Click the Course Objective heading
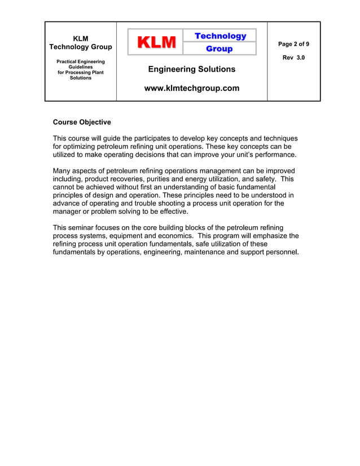pyautogui.click(x=82, y=122)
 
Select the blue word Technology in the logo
pyautogui.click(x=220, y=36)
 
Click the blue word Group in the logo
pyautogui.click(x=219, y=49)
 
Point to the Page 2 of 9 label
pyautogui.click(x=293, y=44)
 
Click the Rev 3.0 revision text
pyautogui.click(x=293, y=58)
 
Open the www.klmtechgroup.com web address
pyautogui.click(x=192, y=88)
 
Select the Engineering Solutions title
pyautogui.click(x=192, y=69)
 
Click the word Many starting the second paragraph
pyautogui.click(x=63, y=171)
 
